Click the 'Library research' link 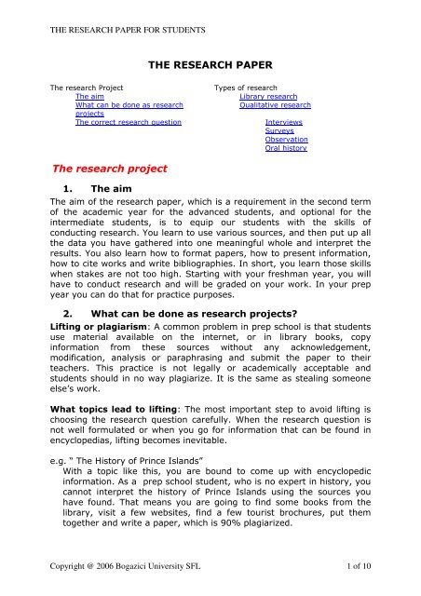268,96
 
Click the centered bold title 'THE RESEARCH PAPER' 211,63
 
